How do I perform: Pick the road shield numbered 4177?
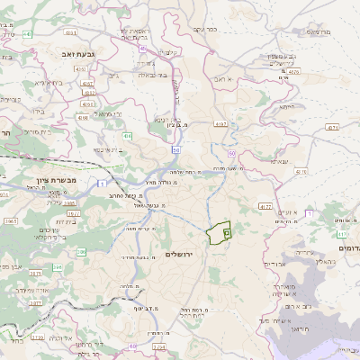(265, 206)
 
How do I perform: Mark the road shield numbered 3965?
(11, 220)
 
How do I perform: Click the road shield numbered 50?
(176, 148)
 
